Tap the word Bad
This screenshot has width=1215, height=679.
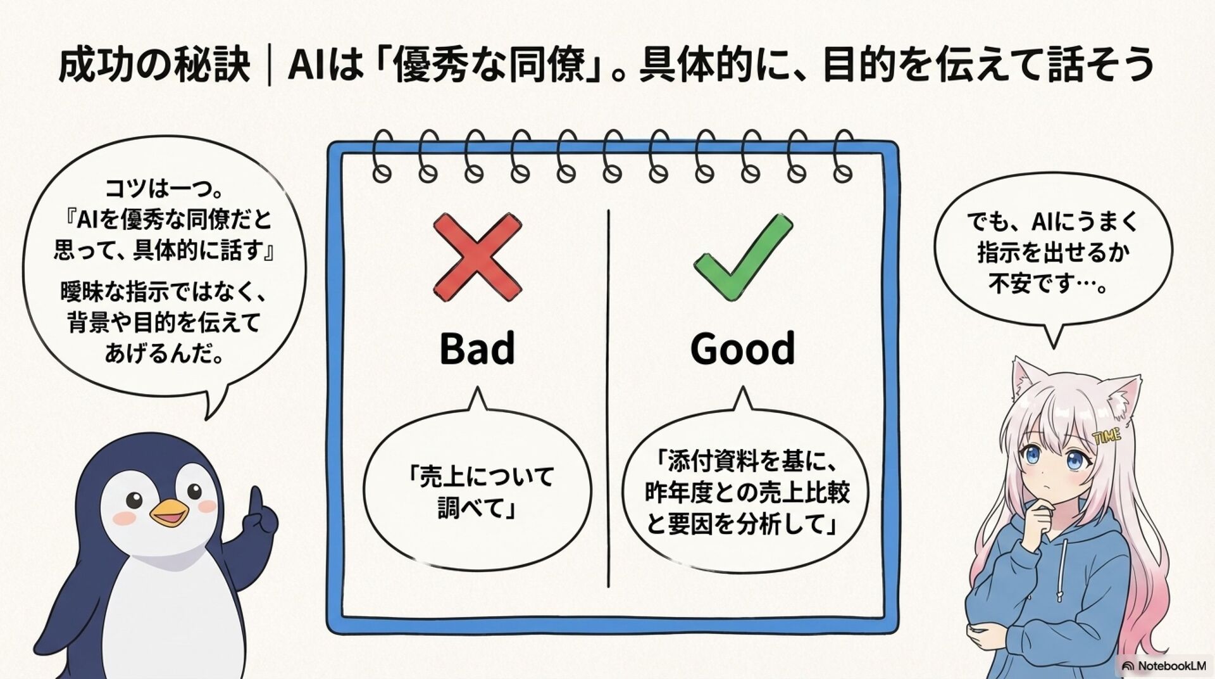pos(477,348)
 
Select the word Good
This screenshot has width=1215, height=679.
pos(742,348)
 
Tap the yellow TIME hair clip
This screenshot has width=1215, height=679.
pos(1106,435)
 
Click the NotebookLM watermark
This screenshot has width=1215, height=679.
pos(1164,666)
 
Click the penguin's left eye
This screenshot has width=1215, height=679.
pos(135,499)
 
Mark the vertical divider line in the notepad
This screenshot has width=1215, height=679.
pos(608,399)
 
